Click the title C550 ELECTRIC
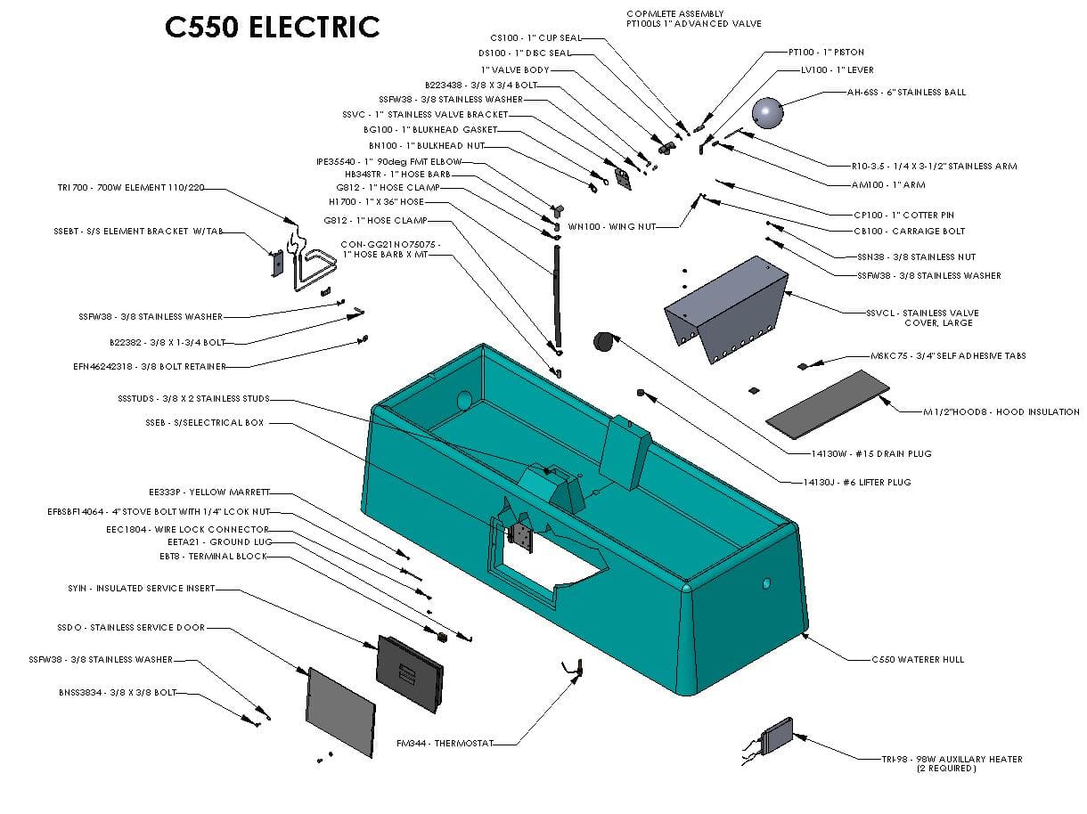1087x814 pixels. (273, 28)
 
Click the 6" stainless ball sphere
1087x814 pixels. (767, 112)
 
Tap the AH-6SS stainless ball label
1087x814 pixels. (906, 93)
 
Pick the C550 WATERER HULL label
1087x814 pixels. (918, 660)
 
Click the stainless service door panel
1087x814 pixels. (339, 712)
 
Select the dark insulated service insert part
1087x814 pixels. (410, 672)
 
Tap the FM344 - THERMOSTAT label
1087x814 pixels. (445, 743)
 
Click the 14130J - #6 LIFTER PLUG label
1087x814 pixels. (857, 483)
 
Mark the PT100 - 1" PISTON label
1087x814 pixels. (826, 53)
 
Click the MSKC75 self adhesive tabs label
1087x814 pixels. (948, 356)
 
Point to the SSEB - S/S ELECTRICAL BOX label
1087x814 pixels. (205, 423)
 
